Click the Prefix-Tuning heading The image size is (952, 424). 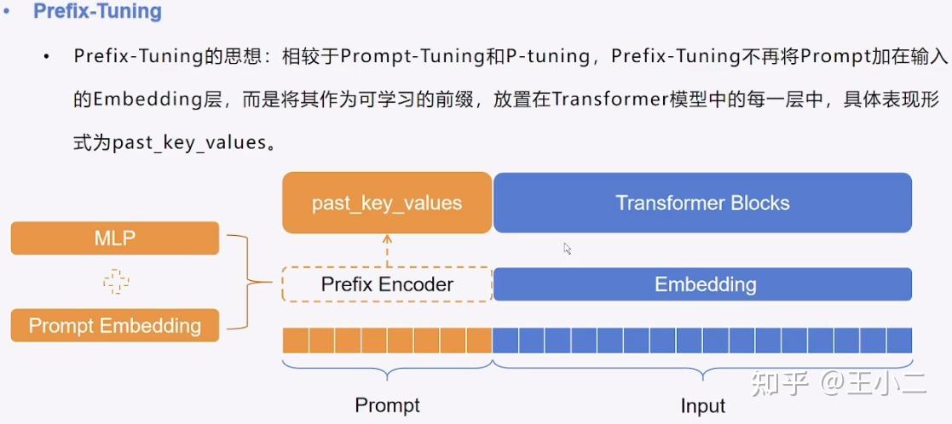(97, 13)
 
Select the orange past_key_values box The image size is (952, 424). (387, 203)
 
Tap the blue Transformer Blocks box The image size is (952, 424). (702, 203)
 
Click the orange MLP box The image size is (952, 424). (115, 238)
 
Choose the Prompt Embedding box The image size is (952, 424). (115, 325)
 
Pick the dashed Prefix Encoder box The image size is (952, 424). (387, 284)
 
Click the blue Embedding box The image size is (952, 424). (702, 284)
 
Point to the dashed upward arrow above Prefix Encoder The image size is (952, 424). (387, 250)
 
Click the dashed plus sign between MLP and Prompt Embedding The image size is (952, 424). (115, 282)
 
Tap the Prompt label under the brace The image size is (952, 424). (387, 405)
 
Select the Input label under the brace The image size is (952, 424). (702, 405)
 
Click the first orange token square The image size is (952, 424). (296, 341)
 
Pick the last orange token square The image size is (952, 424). (479, 341)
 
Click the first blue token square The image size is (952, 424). (506, 341)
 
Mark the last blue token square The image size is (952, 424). (899, 341)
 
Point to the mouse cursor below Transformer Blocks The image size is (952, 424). (568, 249)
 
